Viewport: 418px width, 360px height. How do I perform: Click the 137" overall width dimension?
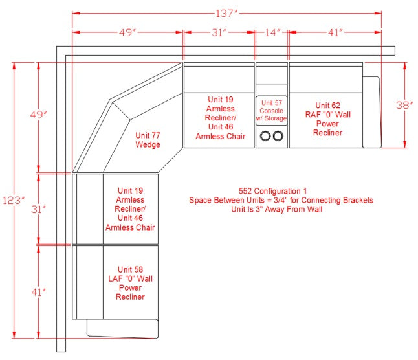[226, 13]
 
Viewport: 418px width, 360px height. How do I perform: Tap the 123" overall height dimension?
[14, 200]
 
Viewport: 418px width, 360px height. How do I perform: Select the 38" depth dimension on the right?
[404, 105]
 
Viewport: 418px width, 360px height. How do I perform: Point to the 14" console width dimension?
[272, 32]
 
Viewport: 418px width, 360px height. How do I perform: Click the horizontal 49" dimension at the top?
[127, 32]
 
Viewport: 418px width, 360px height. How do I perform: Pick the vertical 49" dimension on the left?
[39, 115]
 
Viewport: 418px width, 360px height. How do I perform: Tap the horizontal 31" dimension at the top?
[219, 32]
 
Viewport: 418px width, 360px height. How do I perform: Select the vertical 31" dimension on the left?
[38, 209]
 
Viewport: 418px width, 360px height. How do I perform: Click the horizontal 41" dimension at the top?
[335, 32]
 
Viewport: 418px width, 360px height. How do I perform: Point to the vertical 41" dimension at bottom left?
[38, 292]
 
